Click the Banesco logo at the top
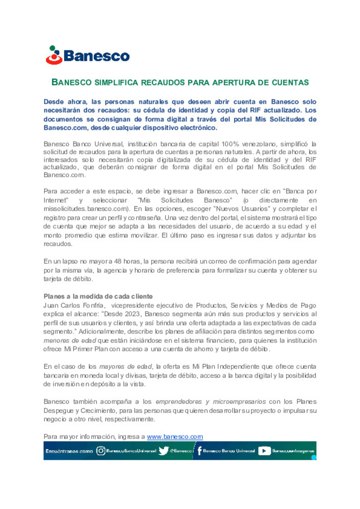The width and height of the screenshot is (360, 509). point(88,55)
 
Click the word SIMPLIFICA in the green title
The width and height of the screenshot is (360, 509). point(116,82)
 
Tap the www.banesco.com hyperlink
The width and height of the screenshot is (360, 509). point(175,436)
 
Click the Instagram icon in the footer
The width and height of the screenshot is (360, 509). point(101,451)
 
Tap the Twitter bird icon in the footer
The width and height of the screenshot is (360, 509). point(163,451)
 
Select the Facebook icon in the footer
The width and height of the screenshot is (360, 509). point(199,451)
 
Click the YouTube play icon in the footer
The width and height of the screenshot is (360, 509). point(264,451)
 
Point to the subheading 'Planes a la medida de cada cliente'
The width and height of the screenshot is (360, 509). point(98,296)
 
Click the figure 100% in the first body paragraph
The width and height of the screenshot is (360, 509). point(230,144)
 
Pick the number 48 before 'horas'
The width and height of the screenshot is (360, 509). point(118,261)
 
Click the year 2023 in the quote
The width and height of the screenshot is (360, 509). point(132,314)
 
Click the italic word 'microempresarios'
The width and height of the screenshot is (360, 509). point(239,401)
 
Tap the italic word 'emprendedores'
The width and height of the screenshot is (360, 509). point(179,401)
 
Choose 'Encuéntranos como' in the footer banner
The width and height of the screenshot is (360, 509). point(69,451)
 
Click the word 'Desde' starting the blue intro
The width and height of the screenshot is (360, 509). point(53,102)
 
